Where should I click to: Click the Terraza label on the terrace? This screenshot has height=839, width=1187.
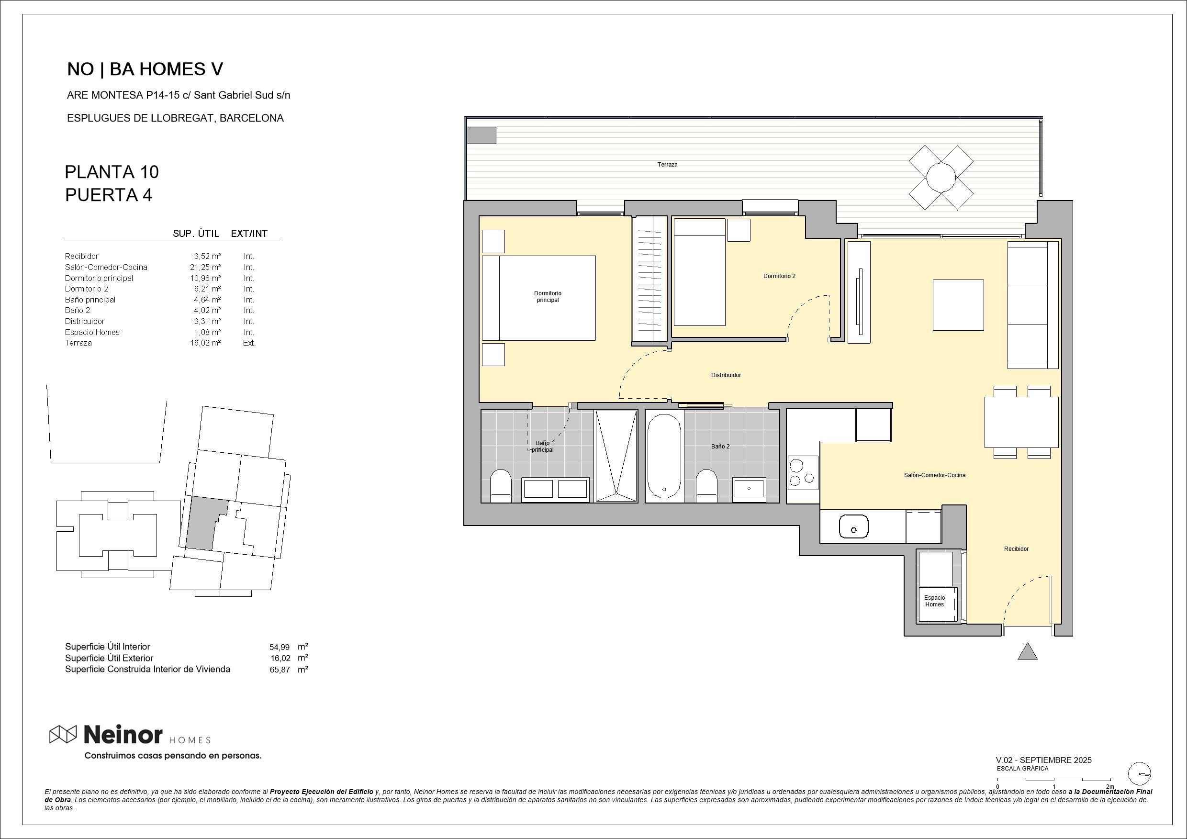coord(667,164)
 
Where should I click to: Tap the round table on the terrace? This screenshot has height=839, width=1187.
coord(941,177)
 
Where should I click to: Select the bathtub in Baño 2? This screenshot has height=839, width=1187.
coord(664,456)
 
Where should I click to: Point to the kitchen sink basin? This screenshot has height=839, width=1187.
coord(853,526)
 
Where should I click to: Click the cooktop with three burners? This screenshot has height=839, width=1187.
coord(802,472)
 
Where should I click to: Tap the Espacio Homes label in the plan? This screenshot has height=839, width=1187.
coord(934,601)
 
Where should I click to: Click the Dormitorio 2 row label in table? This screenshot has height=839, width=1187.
coord(86,289)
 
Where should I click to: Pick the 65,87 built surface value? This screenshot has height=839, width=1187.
coord(279,670)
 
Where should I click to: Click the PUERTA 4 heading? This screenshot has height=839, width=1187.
coord(109,195)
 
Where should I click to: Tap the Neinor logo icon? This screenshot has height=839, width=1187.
coord(63,734)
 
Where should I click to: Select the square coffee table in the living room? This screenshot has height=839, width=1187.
coord(957,305)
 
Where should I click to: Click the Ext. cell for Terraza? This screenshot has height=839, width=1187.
coord(249,343)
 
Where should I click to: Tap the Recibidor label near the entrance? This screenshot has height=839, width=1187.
coord(1016,549)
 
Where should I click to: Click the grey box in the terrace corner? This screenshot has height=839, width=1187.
coord(482,135)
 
